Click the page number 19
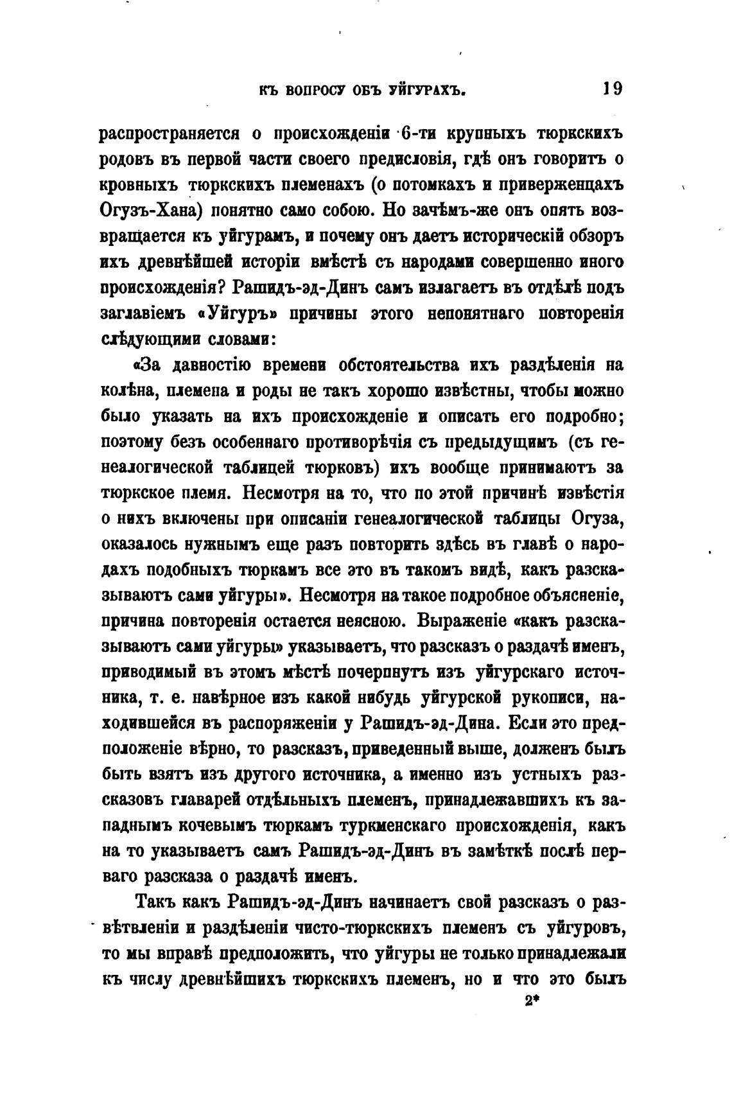coord(613,88)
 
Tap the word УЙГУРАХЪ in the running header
coord(426,91)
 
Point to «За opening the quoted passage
coord(150,365)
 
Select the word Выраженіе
coord(456,622)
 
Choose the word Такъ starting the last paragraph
coord(157,902)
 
